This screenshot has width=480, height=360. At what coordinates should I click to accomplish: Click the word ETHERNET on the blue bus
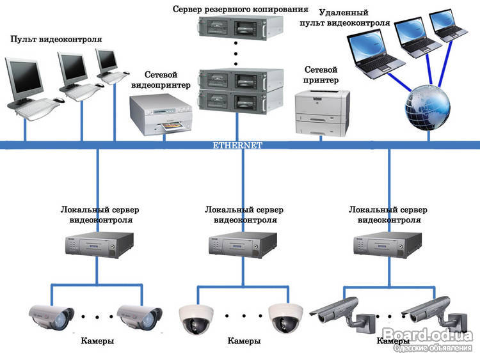(x=237, y=145)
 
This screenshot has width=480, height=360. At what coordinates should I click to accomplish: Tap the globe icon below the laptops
(x=428, y=107)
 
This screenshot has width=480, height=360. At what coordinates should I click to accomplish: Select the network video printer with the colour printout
(x=161, y=114)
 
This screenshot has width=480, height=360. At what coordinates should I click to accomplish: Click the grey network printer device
(x=322, y=113)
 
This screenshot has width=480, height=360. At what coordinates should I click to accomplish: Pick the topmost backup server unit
(x=241, y=27)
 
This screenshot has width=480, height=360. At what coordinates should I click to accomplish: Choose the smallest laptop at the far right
(x=447, y=26)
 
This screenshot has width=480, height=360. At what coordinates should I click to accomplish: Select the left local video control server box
(x=99, y=245)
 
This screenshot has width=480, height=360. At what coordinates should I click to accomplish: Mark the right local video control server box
(x=388, y=245)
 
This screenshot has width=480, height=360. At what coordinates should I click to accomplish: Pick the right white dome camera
(x=285, y=318)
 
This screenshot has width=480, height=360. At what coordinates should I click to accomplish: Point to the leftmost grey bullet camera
(x=51, y=318)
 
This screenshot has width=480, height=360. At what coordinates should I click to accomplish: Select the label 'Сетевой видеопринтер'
(x=161, y=80)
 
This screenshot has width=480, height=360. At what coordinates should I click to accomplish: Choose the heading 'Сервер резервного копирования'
(x=241, y=9)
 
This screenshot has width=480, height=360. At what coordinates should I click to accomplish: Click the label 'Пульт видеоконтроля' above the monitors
(x=56, y=39)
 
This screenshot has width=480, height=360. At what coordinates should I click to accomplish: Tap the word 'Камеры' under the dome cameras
(x=244, y=340)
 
